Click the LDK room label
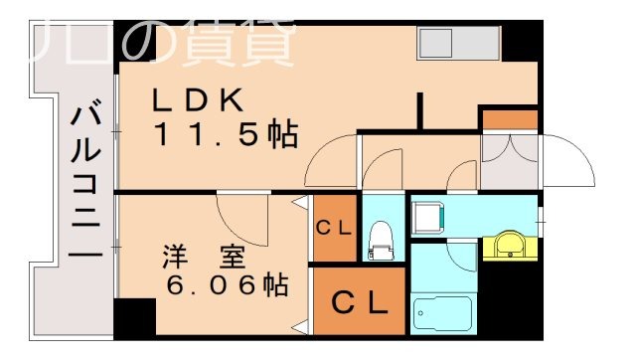point(197,100)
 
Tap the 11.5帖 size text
point(225,134)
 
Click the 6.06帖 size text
point(227,286)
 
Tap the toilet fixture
point(379,239)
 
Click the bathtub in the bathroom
point(439,315)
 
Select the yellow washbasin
point(511,244)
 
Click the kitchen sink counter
point(456,43)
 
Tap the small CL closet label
point(334,228)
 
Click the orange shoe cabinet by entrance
point(509,120)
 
